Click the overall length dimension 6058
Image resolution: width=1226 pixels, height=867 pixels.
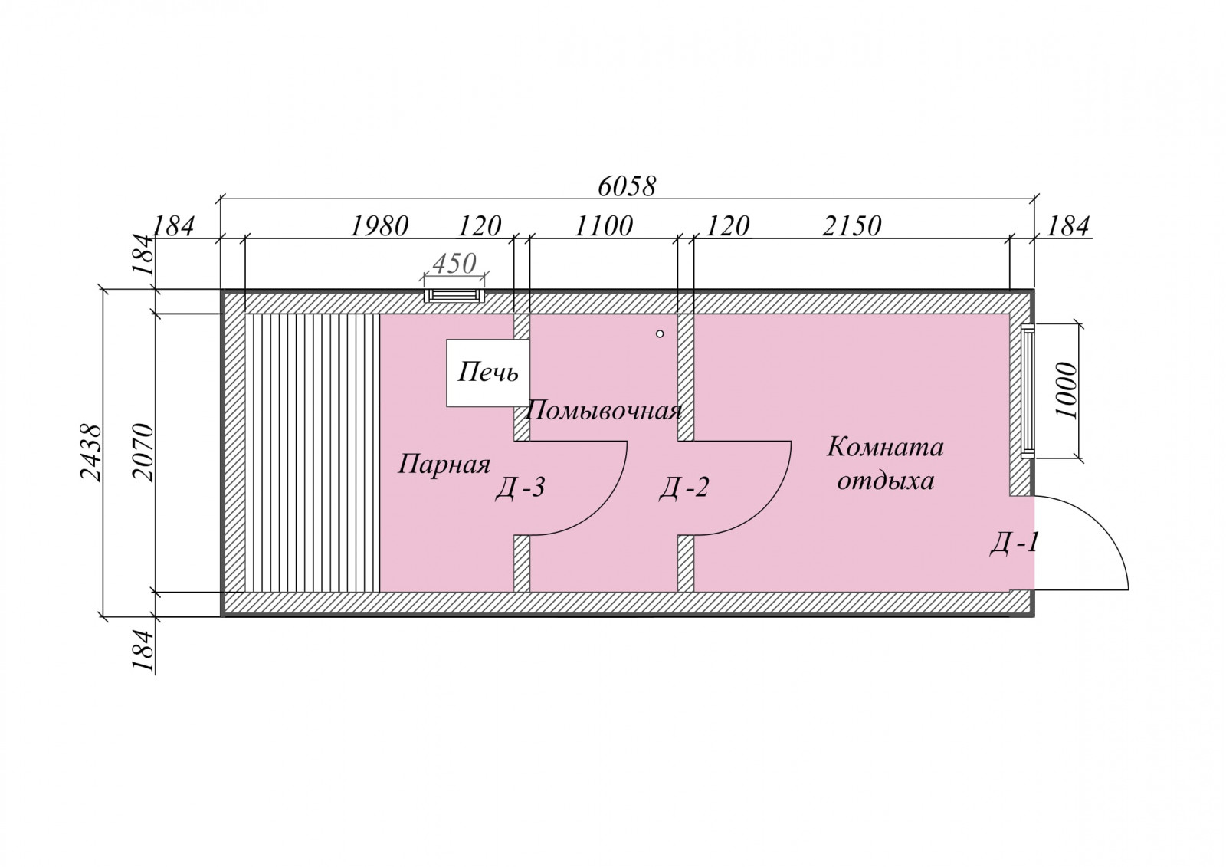coord(626,187)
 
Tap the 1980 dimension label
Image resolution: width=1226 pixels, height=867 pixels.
coord(379,226)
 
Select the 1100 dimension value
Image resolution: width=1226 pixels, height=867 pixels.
coord(603,226)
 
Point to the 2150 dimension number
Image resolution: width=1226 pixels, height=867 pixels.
coord(851,226)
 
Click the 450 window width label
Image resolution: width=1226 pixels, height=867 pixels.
coord(454,264)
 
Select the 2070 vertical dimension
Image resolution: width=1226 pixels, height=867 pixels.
coord(143,452)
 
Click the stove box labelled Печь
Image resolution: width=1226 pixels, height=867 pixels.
coord(487,373)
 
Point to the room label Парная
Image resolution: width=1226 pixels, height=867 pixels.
coord(444,465)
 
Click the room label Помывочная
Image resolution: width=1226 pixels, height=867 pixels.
coord(604,411)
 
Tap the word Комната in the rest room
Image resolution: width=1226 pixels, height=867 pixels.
coord(885,447)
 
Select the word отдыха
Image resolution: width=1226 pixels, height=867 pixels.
coord(886,481)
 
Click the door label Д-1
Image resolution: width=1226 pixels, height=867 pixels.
coord(1014,544)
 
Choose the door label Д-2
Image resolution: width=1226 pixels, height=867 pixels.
coord(683,487)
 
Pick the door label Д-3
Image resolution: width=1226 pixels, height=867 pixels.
coord(520,487)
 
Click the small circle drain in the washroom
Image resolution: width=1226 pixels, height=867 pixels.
coord(660,333)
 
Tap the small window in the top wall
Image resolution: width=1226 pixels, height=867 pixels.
coord(454,296)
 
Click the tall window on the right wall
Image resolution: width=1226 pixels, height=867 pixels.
coord(1028,390)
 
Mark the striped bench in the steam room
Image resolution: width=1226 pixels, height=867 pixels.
coord(312,452)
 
